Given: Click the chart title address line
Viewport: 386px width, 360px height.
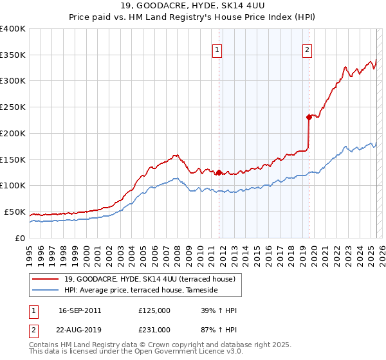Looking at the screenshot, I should point(192,6).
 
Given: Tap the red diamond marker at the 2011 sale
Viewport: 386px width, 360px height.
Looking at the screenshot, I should point(219,172).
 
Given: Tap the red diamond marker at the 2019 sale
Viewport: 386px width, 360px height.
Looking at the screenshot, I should point(309,117).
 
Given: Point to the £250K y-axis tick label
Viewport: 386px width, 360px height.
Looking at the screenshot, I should point(13,107).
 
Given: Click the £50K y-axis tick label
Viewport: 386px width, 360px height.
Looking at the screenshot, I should point(15,212).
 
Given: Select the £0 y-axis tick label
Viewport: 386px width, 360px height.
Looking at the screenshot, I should point(19,238).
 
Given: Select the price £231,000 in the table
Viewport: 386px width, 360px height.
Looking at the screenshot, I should point(154,330).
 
